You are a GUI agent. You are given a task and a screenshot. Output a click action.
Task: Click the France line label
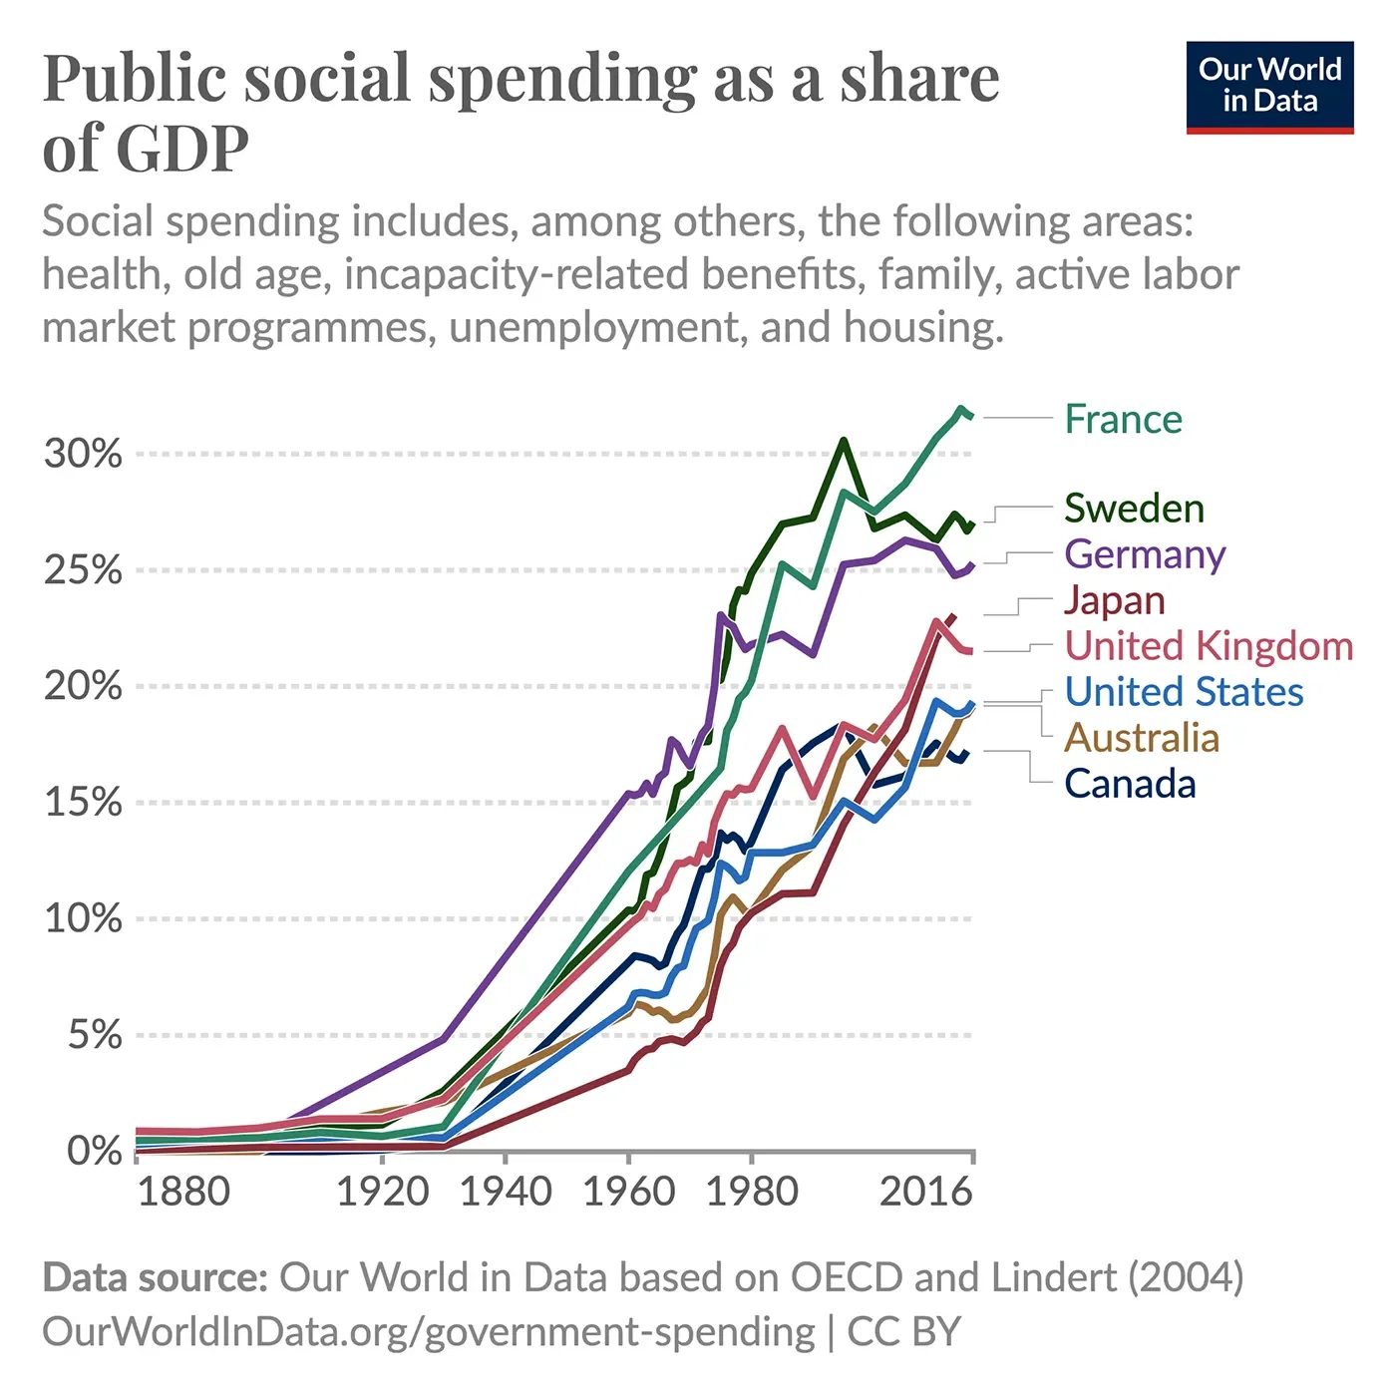tap(1123, 420)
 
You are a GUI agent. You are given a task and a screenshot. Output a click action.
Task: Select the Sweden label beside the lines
tap(1134, 509)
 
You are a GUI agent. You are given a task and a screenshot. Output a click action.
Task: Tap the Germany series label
tap(1145, 554)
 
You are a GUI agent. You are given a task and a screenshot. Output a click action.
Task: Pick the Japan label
tap(1114, 600)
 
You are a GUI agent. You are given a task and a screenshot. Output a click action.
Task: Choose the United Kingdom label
tap(1209, 646)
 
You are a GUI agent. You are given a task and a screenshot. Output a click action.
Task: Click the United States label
tap(1184, 692)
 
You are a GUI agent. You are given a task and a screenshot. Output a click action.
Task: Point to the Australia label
tap(1142, 738)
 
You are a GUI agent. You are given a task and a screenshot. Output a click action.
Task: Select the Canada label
tap(1130, 784)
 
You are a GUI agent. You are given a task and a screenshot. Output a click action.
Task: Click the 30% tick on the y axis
tap(83, 454)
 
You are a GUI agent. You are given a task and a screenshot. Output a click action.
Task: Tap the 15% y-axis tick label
tap(83, 803)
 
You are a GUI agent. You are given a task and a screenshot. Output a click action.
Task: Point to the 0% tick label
tap(94, 1151)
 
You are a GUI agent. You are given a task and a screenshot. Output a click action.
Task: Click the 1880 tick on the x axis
tap(182, 1192)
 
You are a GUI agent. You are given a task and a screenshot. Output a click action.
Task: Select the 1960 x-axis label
tap(628, 1192)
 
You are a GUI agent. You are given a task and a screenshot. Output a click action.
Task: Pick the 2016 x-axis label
tap(925, 1192)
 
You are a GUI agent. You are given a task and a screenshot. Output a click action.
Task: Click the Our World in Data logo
tap(1269, 87)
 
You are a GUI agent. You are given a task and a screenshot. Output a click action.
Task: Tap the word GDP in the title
tap(182, 150)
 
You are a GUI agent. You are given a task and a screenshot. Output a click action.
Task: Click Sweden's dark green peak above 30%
tap(844, 440)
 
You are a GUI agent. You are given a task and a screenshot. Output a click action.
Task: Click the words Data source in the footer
tap(155, 1277)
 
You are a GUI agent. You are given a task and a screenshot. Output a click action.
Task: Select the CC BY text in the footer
tap(903, 1332)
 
